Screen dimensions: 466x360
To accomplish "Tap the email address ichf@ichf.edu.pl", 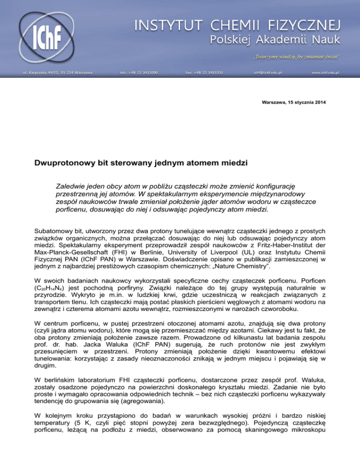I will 268,73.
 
